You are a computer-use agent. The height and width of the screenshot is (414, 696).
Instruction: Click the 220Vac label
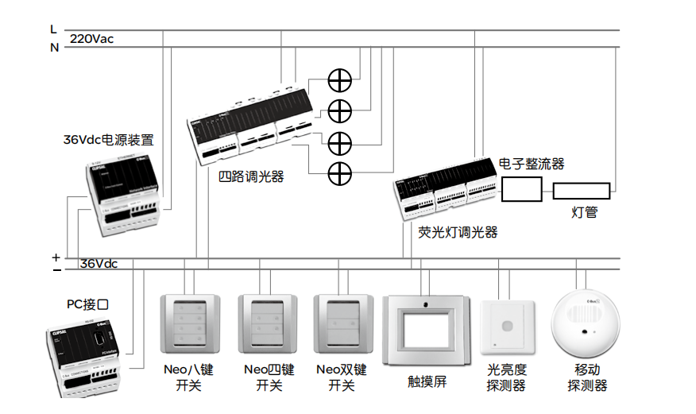click(x=91, y=38)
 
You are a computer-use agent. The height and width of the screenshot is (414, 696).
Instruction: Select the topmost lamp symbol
click(x=340, y=79)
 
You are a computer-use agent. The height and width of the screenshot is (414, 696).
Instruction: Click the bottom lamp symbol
click(x=340, y=170)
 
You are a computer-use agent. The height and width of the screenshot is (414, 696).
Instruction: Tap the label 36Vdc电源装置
click(x=108, y=140)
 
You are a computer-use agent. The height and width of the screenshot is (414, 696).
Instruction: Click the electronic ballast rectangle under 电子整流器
click(x=522, y=190)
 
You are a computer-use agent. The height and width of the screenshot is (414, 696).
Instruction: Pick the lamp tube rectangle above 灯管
click(x=582, y=191)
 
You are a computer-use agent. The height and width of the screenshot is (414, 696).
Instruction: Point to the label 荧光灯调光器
click(x=458, y=232)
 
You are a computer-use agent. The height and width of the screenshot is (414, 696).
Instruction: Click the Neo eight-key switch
click(x=189, y=328)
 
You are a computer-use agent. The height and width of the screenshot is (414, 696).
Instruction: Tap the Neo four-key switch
click(x=265, y=328)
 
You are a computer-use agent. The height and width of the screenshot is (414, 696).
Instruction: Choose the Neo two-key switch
click(x=342, y=327)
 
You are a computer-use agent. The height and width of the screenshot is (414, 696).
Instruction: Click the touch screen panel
click(x=427, y=329)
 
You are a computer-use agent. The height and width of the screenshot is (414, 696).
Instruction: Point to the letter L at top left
click(x=53, y=29)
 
